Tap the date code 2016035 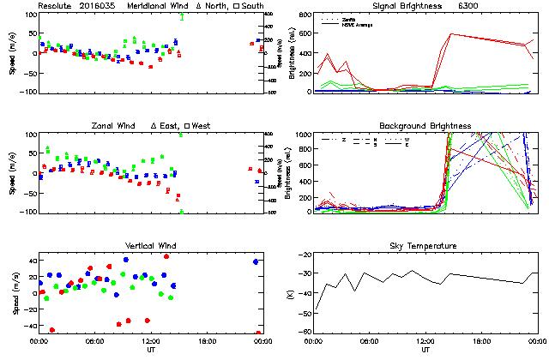(100, 5)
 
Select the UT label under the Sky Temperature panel (425, 350)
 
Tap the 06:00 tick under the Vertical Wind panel (94, 341)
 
